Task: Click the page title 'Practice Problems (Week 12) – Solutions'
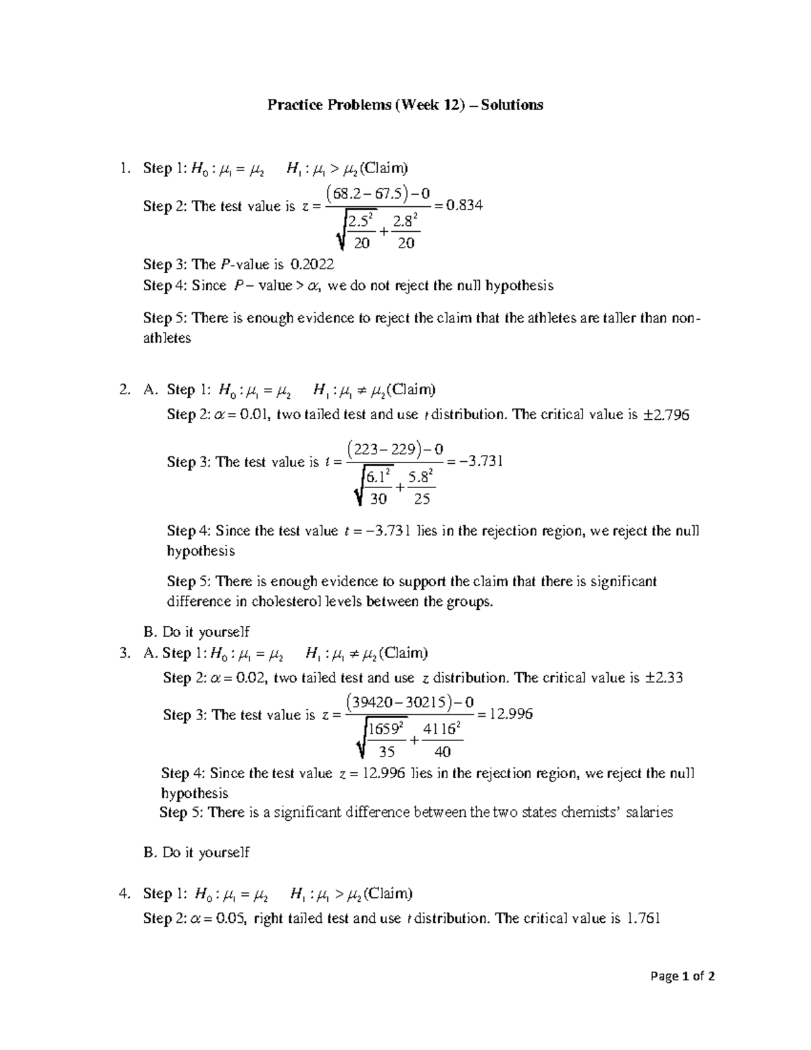click(x=405, y=105)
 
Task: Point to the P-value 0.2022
click(x=312, y=264)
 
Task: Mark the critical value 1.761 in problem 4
click(x=643, y=918)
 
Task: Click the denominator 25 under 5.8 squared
click(x=422, y=499)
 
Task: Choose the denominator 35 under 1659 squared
click(x=387, y=752)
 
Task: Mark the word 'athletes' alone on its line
click(x=167, y=338)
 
